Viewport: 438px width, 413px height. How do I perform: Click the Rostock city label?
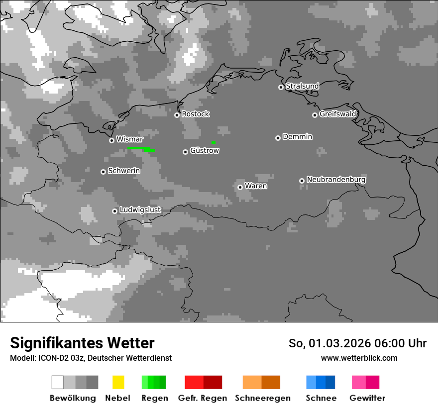coord(195,114)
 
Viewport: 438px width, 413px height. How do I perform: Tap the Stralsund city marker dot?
coord(281,87)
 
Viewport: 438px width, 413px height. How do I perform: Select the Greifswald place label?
coord(337,114)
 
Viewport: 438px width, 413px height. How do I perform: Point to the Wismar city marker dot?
coord(111,140)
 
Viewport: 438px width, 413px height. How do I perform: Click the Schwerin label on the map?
coord(124,171)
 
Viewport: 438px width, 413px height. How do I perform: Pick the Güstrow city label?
coord(204,150)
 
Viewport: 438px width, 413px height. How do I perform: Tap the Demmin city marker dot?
coord(278,138)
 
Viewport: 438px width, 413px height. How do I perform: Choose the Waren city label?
coord(256,186)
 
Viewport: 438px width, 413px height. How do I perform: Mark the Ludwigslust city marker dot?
coord(114,211)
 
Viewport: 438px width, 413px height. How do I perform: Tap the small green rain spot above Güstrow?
coord(214,142)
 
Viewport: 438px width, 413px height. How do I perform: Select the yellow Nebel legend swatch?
coord(118,382)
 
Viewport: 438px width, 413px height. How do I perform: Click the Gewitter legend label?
coord(367,398)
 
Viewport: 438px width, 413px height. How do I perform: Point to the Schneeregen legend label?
coord(262,398)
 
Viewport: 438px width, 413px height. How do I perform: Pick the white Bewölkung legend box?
coord(58,382)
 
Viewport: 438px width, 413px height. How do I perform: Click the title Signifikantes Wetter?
coord(82,343)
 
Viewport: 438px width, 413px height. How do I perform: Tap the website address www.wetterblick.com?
coord(359,358)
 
